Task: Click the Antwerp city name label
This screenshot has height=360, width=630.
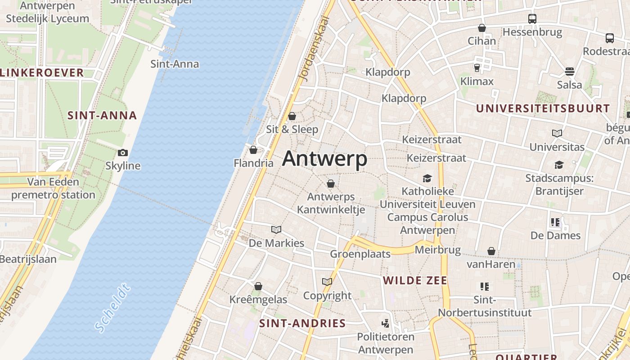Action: coord(324,159)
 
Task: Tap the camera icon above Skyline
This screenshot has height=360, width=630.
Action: coord(122,153)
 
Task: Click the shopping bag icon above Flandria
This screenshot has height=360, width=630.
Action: coord(253,150)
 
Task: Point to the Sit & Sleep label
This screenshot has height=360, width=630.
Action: coord(292,130)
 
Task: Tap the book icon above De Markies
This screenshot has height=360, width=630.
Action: coord(276,230)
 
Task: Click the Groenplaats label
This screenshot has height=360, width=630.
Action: coord(360,254)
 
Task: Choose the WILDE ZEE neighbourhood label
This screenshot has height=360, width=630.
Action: coord(415,281)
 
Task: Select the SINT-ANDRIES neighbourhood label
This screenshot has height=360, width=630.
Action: coord(302,323)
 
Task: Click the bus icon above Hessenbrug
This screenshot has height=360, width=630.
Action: coord(532,19)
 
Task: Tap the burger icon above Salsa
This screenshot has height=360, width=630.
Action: coord(570,72)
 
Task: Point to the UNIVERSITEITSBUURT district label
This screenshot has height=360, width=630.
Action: coord(543,108)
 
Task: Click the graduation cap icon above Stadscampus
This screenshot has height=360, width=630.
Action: coord(559,165)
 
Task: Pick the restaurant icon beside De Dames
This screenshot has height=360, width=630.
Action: coord(555,222)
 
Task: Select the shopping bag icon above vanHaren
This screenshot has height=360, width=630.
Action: coord(491,251)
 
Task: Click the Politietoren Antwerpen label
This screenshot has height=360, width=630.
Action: coord(385,343)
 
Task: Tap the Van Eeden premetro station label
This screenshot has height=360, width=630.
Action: coord(53,189)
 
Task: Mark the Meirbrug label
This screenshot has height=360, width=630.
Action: coord(437,250)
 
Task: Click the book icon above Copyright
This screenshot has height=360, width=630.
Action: coord(327,282)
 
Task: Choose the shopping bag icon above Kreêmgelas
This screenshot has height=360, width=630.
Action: coord(258,286)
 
